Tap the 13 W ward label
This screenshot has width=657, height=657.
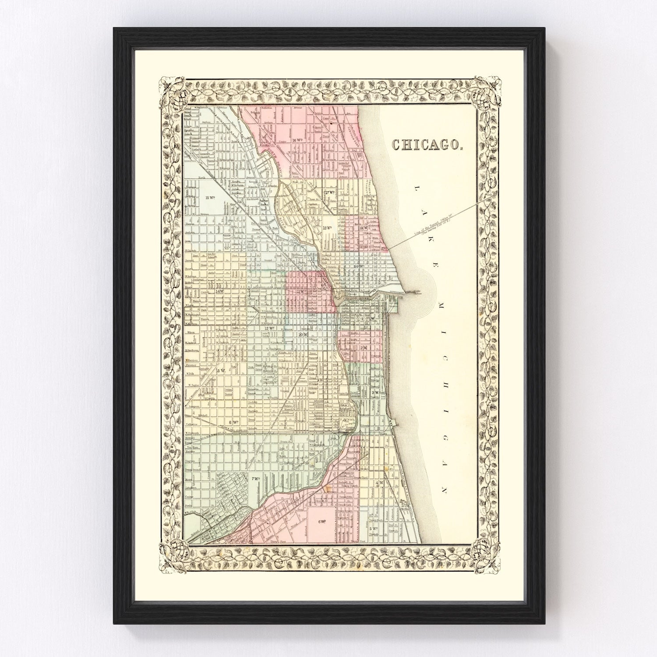coord(220,371)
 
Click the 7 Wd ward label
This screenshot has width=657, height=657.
coord(255,479)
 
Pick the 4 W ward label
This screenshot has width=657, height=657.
coord(379,483)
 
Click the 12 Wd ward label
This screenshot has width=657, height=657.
coord(268,328)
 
